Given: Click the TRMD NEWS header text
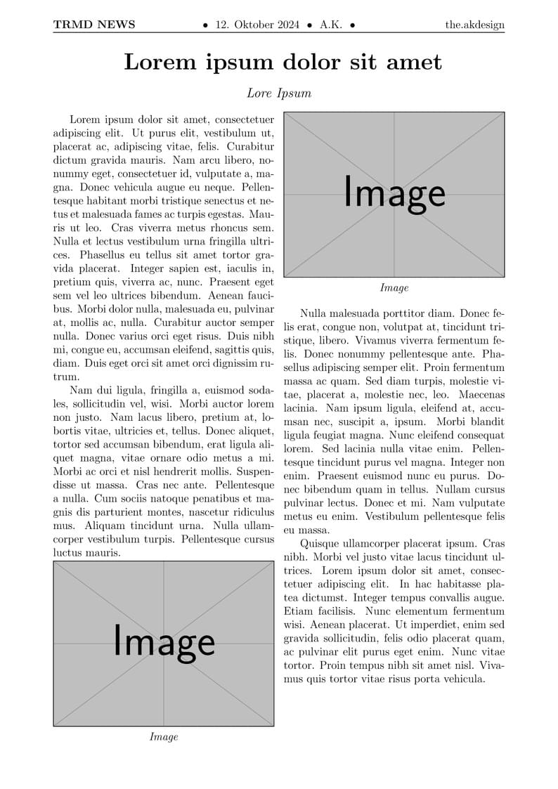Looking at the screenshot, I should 94,25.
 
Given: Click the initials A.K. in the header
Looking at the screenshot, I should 331,25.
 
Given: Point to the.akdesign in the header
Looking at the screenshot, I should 475,25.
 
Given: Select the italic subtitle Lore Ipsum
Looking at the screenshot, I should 279,93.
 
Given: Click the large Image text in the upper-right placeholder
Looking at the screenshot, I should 394,193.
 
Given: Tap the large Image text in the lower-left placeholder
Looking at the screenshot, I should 164,641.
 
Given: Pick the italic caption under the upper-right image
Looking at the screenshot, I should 394,288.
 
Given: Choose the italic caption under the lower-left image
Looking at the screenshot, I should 164,737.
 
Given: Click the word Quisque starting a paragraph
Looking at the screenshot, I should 320,544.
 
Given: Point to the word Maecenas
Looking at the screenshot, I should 483,395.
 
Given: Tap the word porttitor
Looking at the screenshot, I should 393,314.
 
